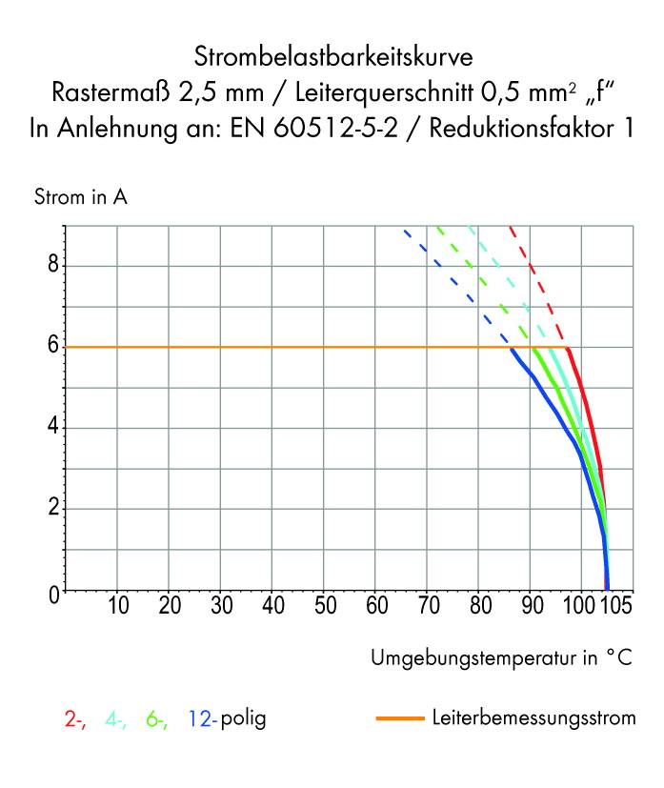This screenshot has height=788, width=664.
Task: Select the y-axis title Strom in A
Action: (x=81, y=198)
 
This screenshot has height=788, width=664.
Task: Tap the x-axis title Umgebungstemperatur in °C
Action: (x=501, y=657)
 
